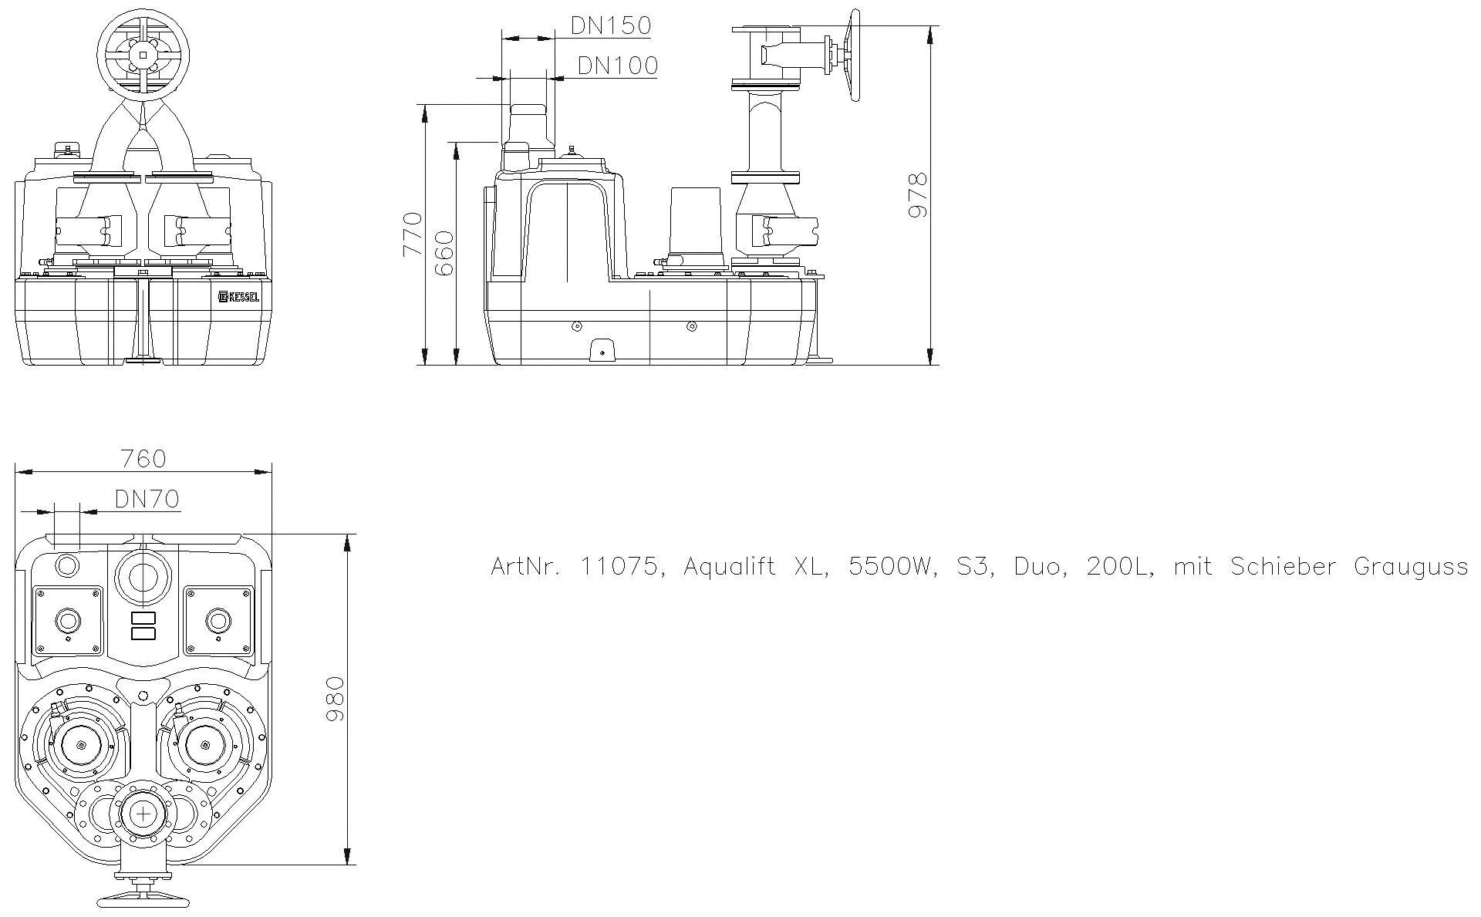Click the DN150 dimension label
point(610,25)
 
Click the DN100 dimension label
point(617,66)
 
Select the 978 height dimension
point(917,196)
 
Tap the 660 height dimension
point(444,253)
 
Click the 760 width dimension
point(143,459)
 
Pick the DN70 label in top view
point(147,499)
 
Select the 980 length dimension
point(335,699)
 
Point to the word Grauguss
point(1410,567)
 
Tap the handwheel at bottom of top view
point(143,899)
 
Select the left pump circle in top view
point(81,745)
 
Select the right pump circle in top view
point(205,745)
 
